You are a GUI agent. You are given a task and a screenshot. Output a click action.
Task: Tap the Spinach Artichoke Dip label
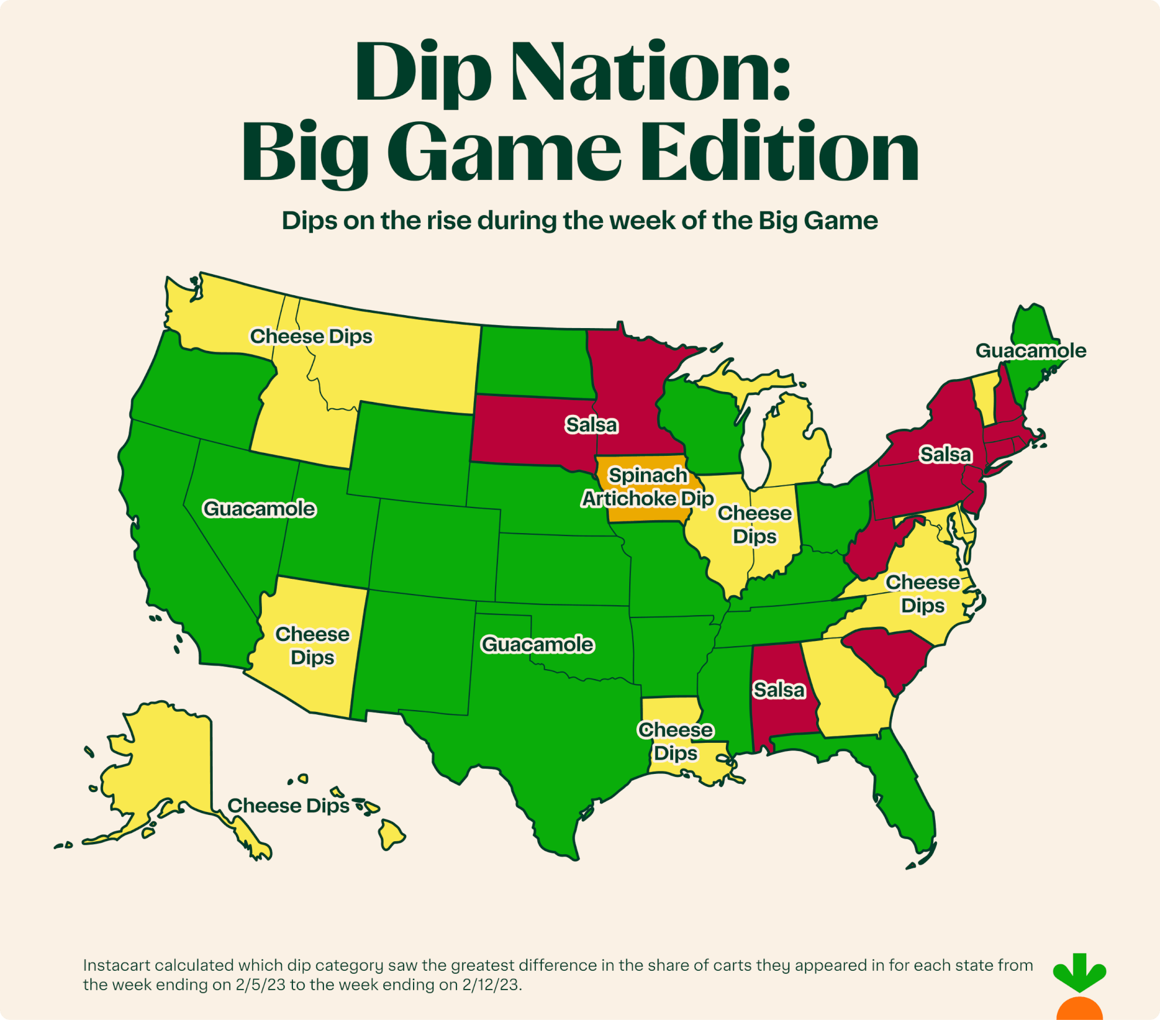coord(647,487)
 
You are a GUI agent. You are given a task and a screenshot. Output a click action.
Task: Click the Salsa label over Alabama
coord(779,690)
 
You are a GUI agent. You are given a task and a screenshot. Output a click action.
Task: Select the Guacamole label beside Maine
coord(1031,350)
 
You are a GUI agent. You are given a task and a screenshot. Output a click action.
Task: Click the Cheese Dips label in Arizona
coord(312,646)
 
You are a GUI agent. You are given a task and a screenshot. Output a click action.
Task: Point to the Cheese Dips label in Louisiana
coord(675,741)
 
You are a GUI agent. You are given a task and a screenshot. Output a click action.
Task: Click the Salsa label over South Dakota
coord(591,425)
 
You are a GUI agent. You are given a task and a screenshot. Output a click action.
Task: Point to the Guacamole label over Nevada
coord(259,509)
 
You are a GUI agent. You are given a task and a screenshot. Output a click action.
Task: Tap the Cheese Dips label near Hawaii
coord(288,806)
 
